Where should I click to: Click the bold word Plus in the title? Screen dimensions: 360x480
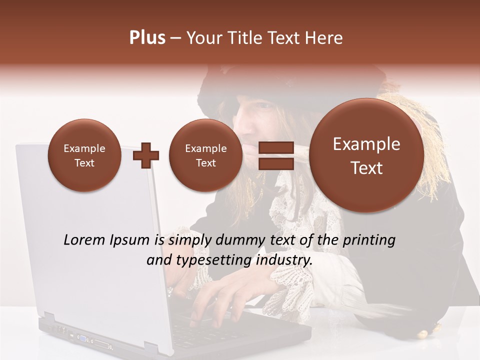(147, 38)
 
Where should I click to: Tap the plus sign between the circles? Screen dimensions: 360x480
(146, 155)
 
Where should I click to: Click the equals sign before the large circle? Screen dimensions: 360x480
(275, 155)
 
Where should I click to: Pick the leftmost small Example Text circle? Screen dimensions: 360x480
(84, 155)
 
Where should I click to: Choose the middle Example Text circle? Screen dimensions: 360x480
(206, 155)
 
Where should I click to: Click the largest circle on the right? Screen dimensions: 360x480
(366, 155)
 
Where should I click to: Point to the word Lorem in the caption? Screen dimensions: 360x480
(83, 240)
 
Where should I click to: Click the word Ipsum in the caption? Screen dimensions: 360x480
(130, 240)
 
